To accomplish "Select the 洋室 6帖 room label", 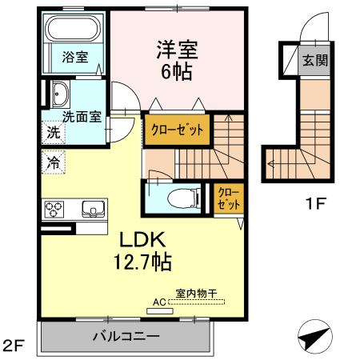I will point(177,58).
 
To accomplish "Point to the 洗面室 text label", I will point(81,116).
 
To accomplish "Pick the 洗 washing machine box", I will point(52,133).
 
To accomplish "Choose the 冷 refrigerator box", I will point(52,160).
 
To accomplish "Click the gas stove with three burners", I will point(55,210).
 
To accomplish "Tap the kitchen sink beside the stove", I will point(93,210).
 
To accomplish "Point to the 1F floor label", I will point(315,203).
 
